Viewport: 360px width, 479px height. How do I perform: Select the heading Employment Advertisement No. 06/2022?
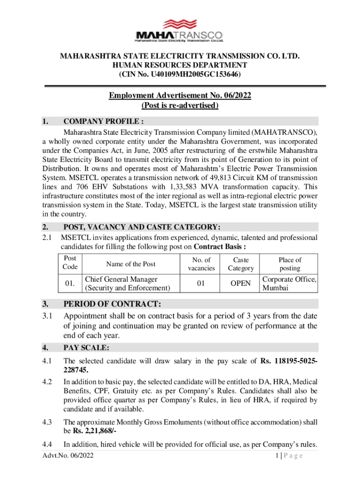coord(180,96)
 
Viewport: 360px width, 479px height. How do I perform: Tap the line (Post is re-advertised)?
coord(180,106)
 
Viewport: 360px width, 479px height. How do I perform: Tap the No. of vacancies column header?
coord(202,264)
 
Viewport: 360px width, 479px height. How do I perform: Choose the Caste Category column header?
coord(241,264)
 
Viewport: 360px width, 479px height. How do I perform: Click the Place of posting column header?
coord(290,264)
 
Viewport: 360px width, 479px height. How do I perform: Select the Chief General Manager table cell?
coord(127,283)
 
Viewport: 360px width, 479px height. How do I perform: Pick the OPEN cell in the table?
coord(241,283)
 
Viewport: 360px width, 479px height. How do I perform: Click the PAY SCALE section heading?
coord(86,348)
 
